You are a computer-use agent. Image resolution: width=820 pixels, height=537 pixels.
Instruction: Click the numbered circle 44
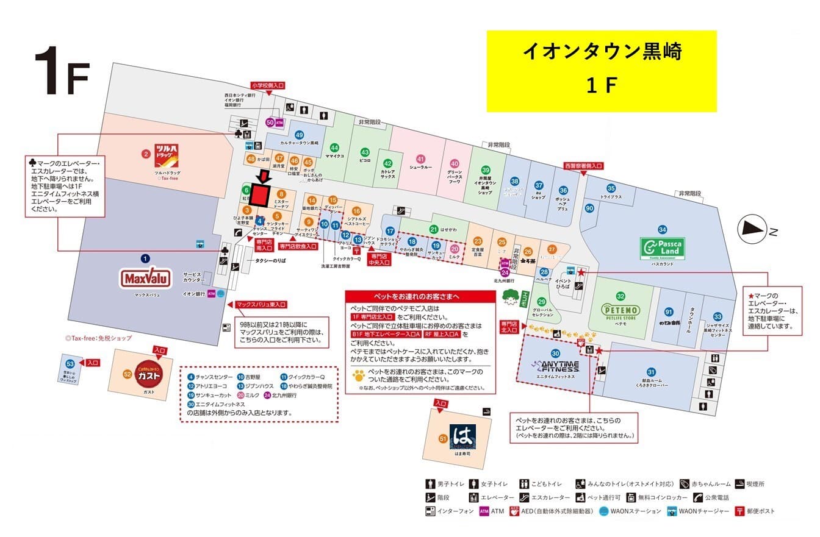[x=334, y=148]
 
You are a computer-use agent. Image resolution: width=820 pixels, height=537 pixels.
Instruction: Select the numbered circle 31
[x=651, y=372]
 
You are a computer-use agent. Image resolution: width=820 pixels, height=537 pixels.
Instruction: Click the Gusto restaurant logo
[x=149, y=375]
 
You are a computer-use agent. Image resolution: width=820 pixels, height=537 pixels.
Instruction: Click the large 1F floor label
[x=62, y=71]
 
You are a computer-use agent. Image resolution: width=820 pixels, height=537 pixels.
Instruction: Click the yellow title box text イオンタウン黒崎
[x=601, y=52]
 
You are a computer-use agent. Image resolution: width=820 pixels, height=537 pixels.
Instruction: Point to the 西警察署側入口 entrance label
[x=583, y=166]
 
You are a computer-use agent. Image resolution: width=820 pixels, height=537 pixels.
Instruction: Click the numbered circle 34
[x=662, y=229]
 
